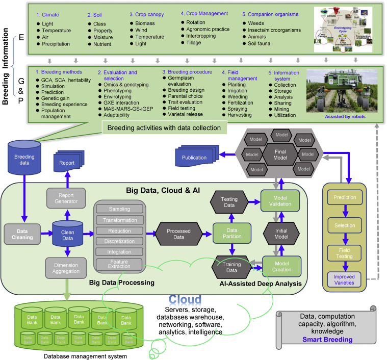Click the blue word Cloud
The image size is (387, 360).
pyautogui.click(x=186, y=299)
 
